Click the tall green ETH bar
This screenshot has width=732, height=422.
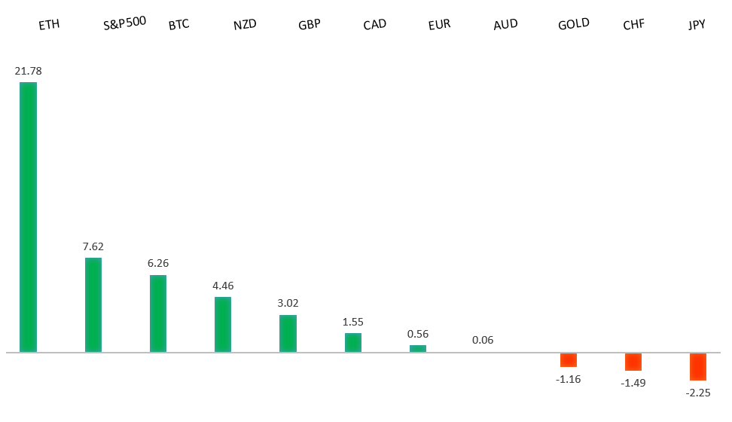pos(28,217)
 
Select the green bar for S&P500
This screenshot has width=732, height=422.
pos(93,304)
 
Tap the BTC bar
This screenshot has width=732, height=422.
pos(158,313)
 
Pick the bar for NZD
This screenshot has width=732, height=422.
pos(223,324)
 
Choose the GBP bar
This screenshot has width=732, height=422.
pos(288,333)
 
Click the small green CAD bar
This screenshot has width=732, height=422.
pos(353,342)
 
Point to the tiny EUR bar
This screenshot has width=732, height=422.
pos(418,348)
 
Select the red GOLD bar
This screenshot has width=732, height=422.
pos(569,360)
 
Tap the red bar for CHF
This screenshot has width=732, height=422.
pos(633,362)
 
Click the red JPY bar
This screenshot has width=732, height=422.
pos(698,366)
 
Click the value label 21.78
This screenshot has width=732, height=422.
pos(28,71)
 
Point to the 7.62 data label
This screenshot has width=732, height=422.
pos(93,246)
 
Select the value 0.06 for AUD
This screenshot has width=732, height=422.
pos(483,340)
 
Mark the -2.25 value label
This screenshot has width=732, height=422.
pos(698,393)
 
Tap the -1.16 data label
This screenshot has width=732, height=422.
pos(569,379)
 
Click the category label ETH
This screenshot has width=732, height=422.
pos(49,25)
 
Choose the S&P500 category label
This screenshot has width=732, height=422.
pos(124,23)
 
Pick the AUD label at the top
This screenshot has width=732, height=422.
pos(505,25)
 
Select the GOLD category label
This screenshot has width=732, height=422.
pos(574,24)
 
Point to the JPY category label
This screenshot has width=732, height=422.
pos(697,25)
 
